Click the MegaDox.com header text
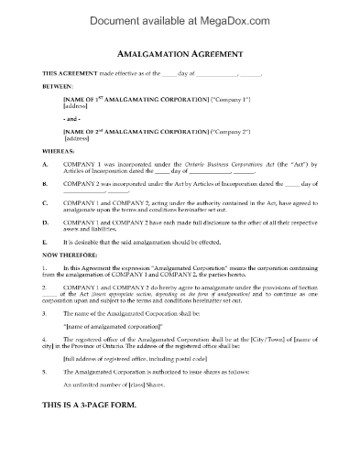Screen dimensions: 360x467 tap(180, 13)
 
